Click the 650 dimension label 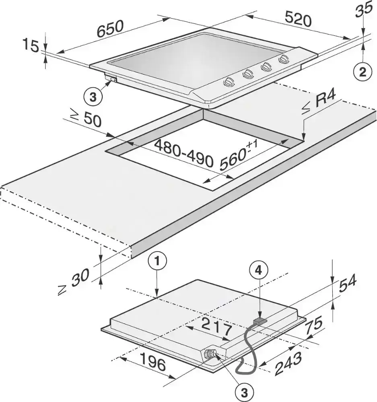click(x=110, y=28)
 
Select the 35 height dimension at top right click(x=364, y=9)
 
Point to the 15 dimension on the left click(x=31, y=45)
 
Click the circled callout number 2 click(x=363, y=72)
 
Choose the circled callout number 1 click(x=157, y=262)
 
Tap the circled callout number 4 click(x=259, y=270)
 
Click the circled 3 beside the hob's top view click(x=93, y=97)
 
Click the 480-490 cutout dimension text click(x=183, y=153)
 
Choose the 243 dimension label click(x=288, y=363)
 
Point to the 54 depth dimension click(x=348, y=283)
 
